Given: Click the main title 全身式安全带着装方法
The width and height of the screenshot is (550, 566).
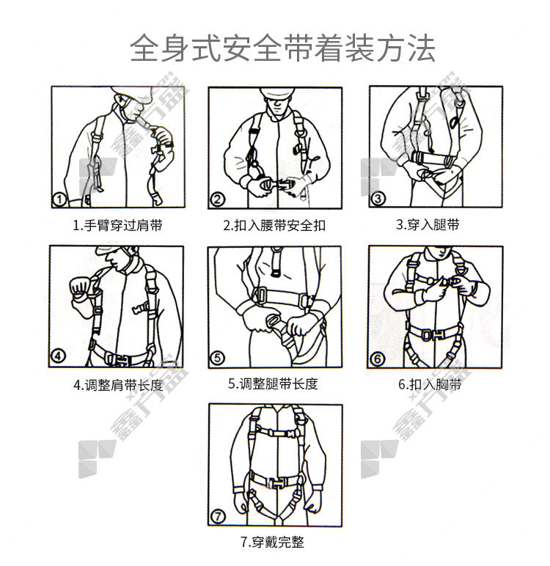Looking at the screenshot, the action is point(282,48).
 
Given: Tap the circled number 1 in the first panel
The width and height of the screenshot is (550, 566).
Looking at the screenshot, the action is point(59,199).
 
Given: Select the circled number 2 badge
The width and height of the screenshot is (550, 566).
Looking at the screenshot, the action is point(217,199).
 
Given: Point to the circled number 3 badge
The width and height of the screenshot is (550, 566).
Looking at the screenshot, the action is point(378,199).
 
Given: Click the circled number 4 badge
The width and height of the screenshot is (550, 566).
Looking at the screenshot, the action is point(58,356).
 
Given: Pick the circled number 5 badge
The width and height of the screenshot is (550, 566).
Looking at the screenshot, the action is point(217,358).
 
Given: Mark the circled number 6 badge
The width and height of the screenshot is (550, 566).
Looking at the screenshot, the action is point(378,359).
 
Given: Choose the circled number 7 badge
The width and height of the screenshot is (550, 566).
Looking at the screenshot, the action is point(218,517).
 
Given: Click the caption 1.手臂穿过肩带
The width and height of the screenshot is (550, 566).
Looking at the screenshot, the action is point(118,226).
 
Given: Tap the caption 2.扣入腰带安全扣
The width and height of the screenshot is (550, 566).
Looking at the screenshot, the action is point(274,226).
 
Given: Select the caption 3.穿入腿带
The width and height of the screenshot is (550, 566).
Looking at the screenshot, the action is point(428,224).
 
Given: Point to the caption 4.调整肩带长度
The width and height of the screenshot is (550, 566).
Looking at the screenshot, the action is point(118,385).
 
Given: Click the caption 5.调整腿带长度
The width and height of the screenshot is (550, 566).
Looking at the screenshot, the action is point(273,383).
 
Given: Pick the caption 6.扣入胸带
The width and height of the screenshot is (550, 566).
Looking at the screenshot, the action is point(430,384).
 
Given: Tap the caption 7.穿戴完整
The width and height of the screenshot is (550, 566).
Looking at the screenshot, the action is point(273,542).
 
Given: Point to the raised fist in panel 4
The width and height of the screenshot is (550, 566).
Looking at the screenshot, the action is point(80,287).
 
